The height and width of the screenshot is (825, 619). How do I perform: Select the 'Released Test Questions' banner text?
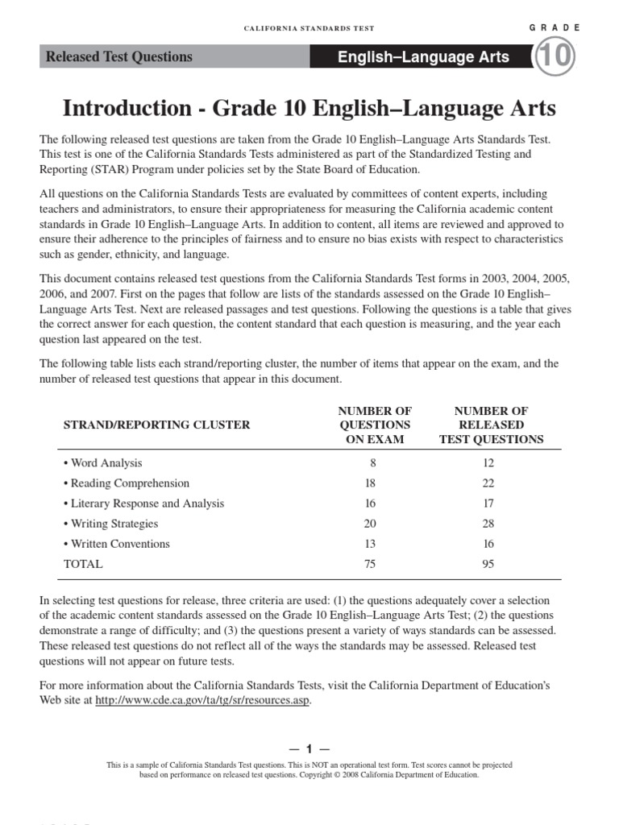[119, 57]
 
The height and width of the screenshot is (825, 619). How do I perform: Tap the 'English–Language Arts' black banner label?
[423, 57]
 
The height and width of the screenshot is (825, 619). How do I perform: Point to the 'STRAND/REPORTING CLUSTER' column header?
[156, 425]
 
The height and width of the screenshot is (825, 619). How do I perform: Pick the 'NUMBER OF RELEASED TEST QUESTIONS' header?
[491, 425]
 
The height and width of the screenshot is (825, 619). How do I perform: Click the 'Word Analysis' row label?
[106, 463]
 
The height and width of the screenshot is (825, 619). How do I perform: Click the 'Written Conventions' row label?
[120, 544]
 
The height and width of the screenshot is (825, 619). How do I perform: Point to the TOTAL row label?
[83, 564]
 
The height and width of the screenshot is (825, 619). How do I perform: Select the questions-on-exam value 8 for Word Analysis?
[372, 463]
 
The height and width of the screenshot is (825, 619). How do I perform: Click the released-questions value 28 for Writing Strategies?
[488, 524]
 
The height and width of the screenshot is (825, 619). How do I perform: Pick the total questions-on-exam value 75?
[370, 564]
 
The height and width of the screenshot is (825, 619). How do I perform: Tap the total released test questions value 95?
[488, 564]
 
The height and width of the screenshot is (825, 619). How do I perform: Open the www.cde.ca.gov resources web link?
[202, 700]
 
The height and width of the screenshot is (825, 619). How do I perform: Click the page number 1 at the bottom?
[309, 748]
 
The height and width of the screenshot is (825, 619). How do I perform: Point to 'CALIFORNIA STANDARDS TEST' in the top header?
[309, 28]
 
